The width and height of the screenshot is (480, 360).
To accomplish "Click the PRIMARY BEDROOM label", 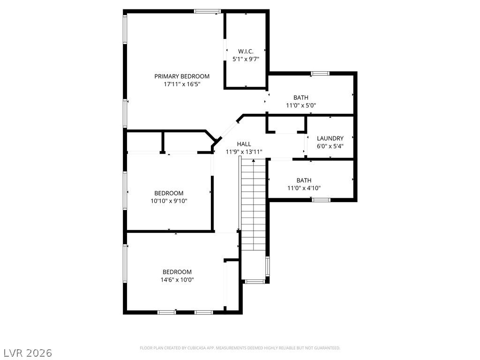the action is pyautogui.click(x=182, y=76).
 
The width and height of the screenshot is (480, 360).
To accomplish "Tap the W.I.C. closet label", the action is pyautogui.click(x=246, y=52).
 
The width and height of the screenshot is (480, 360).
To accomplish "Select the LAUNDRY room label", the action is pyautogui.click(x=330, y=138).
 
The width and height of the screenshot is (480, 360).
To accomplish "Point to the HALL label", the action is pyautogui.click(x=244, y=144).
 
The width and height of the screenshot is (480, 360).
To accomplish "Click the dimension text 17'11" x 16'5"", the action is pyautogui.click(x=182, y=84).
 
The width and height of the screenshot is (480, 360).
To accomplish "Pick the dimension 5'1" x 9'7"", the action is pyautogui.click(x=246, y=59).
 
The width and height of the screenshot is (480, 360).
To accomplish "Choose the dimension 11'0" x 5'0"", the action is pyautogui.click(x=301, y=105).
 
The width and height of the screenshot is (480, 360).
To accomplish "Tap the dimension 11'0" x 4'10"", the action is pyautogui.click(x=304, y=188).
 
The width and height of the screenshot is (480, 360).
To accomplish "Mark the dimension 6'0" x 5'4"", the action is pyautogui.click(x=330, y=146).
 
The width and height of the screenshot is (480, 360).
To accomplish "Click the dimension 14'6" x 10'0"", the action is pyautogui.click(x=177, y=280).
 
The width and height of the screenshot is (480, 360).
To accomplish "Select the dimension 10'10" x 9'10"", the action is pyautogui.click(x=169, y=201).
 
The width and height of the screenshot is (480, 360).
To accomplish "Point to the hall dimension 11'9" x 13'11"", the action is pyautogui.click(x=244, y=152).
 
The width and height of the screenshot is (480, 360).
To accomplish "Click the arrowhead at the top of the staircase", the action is pyautogui.click(x=254, y=160).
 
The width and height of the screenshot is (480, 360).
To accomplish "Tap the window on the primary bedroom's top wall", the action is pyautogui.click(x=208, y=11).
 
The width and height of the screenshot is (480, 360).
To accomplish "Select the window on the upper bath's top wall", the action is pyautogui.click(x=320, y=74).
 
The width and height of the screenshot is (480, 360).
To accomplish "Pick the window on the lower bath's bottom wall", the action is pyautogui.click(x=321, y=200).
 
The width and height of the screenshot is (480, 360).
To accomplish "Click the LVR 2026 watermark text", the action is pyautogui.click(x=26, y=353).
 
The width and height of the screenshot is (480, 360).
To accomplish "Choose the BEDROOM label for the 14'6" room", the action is pyautogui.click(x=177, y=272).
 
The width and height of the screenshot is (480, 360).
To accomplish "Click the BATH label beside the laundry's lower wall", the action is pyautogui.click(x=304, y=180).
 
